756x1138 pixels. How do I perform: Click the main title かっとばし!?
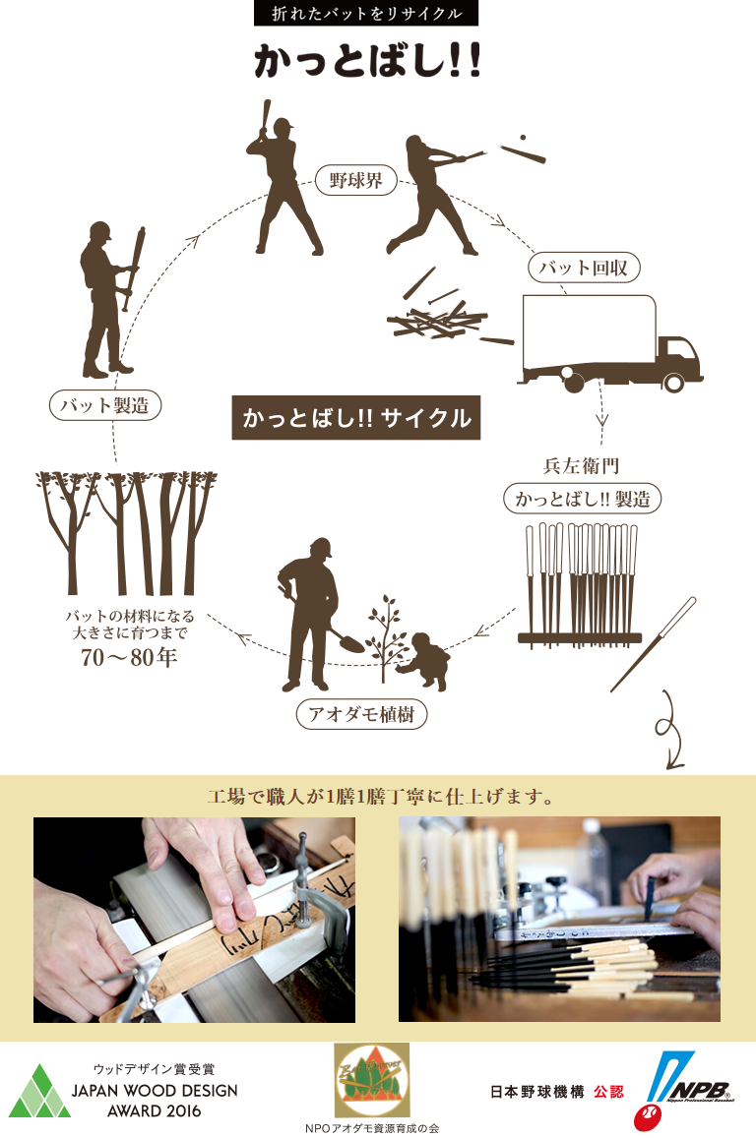pyautogui.click(x=367, y=61)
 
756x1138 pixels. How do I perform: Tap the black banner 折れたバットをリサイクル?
pyautogui.click(x=366, y=13)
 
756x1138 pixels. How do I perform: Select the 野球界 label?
pyautogui.click(x=355, y=180)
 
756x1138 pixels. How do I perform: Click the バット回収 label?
pyautogui.click(x=583, y=268)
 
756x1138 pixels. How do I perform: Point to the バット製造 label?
pyautogui.click(x=104, y=405)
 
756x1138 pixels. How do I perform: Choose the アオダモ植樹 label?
pyautogui.click(x=361, y=714)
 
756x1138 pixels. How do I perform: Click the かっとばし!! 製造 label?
pyautogui.click(x=583, y=499)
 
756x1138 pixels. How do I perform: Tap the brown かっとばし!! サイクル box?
pyautogui.click(x=355, y=417)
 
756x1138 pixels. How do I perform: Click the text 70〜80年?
pyautogui.click(x=129, y=658)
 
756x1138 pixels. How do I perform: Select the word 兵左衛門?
pyautogui.click(x=581, y=465)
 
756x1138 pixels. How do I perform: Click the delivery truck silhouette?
pyautogui.click(x=610, y=344)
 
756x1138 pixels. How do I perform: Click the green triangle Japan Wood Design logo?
pyautogui.click(x=39, y=1092)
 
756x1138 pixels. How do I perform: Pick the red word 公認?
pyautogui.click(x=608, y=1092)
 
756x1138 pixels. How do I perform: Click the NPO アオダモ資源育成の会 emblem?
pyautogui.click(x=372, y=1080)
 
